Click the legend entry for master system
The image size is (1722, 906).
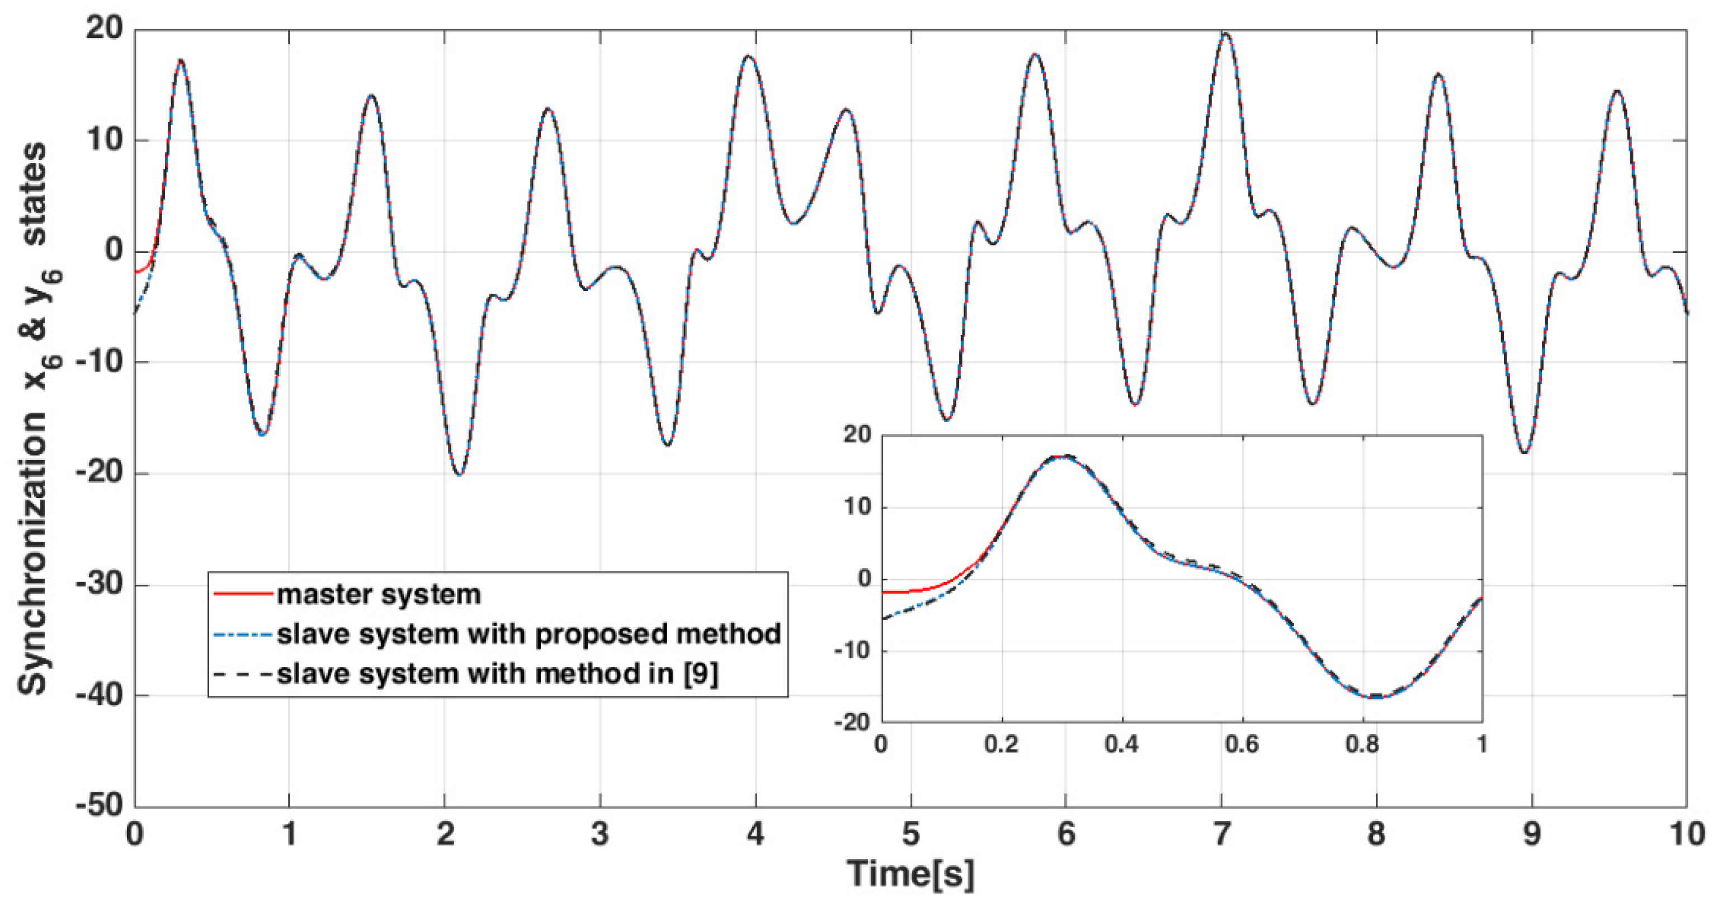coord(379,594)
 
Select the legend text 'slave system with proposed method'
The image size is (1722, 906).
coord(529,634)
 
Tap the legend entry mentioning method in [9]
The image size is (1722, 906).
coord(497,673)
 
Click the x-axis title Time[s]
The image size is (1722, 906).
coord(910,873)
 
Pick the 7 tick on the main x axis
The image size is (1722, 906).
coord(1221,834)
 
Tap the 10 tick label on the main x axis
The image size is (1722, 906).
coord(1686,834)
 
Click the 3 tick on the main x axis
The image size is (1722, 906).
coord(600,834)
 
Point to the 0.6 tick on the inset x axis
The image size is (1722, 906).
coord(1242,744)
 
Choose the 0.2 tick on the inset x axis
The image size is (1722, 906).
coord(1002,744)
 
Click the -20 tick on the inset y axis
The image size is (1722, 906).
coord(853,722)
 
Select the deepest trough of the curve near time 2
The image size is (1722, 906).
coord(459,474)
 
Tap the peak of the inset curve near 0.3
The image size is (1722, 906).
coord(1064,457)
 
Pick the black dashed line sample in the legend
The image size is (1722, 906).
coord(243,673)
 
